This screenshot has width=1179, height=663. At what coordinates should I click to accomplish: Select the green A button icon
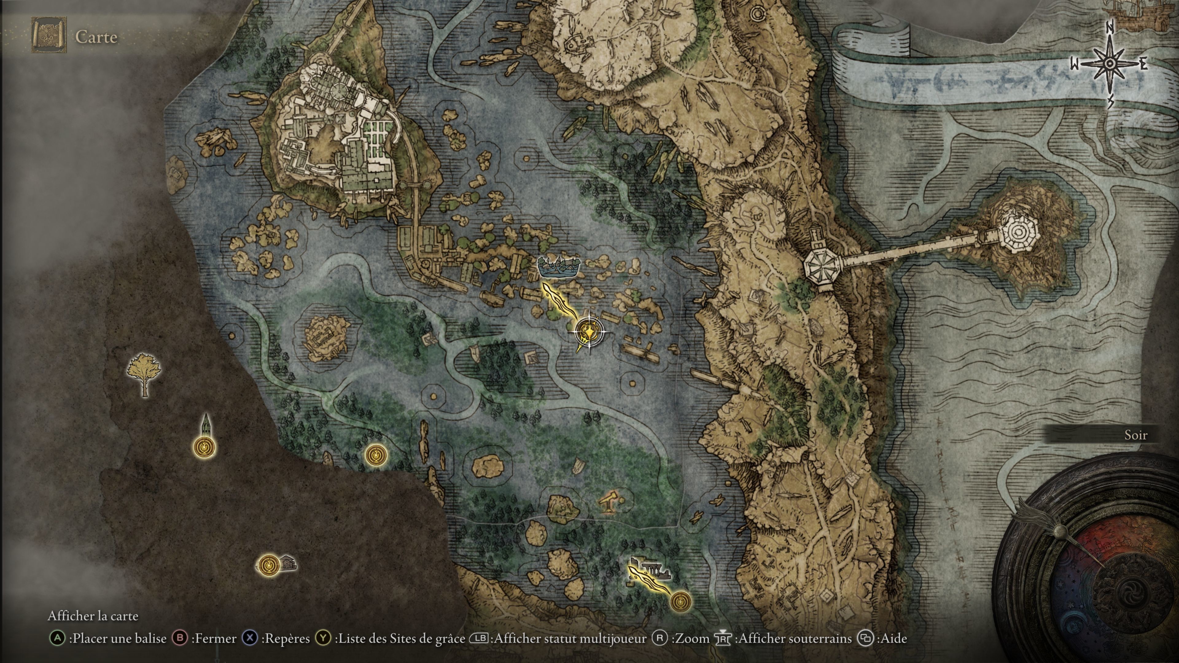57,638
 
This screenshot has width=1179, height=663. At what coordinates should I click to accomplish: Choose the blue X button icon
250,638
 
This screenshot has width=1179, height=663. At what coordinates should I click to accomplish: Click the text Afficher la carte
93,616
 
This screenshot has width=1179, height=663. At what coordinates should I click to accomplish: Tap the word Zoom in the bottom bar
690,638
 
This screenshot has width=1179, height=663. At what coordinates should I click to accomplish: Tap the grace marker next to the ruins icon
680,601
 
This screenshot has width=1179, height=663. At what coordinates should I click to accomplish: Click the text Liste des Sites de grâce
399,638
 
